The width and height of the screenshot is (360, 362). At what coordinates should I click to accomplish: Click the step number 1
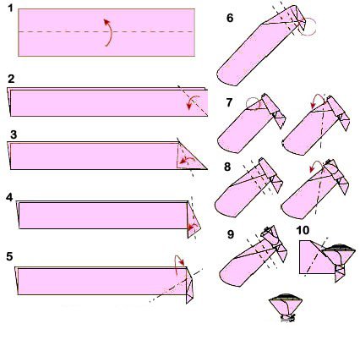click(10, 8)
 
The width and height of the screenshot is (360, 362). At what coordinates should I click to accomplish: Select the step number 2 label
click(11, 79)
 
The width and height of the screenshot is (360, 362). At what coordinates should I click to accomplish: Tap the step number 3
click(14, 134)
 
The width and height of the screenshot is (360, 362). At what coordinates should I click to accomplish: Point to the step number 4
click(9, 197)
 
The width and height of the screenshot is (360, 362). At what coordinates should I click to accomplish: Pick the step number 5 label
click(9, 256)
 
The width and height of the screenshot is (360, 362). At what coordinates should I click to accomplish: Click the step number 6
click(230, 18)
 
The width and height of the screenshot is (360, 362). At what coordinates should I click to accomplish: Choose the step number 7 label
click(229, 102)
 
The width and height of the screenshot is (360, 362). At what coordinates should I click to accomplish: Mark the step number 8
click(227, 167)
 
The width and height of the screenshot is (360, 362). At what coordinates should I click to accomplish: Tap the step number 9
click(231, 234)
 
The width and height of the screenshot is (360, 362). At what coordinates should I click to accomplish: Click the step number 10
click(303, 230)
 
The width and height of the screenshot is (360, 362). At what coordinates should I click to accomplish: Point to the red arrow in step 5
click(177, 261)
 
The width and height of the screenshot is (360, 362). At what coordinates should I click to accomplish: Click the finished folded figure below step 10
click(286, 308)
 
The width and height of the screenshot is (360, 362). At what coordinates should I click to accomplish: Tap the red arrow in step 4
click(193, 226)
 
